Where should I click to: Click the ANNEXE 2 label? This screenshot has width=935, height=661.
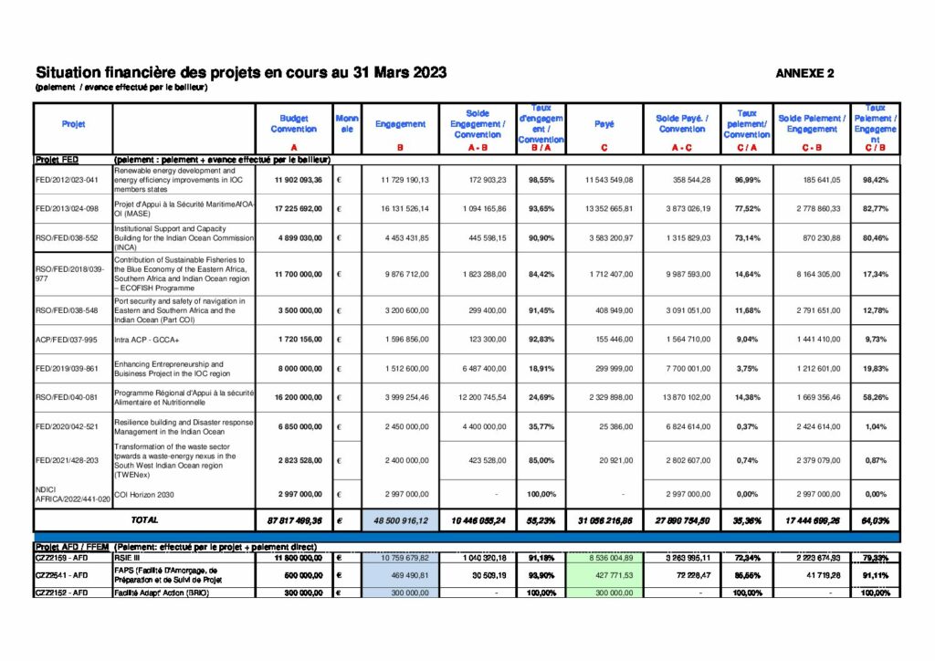click(x=804, y=73)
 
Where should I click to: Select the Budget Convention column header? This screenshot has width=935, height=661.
click(x=294, y=123)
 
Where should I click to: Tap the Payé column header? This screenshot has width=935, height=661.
click(x=604, y=123)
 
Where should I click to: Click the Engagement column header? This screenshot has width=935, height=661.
click(x=400, y=123)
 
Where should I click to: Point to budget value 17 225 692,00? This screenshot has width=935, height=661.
click(x=294, y=209)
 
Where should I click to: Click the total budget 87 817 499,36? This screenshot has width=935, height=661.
click(x=294, y=520)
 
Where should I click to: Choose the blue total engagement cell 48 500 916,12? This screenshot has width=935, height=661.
click(x=400, y=520)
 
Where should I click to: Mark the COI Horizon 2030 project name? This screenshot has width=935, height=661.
click(x=146, y=494)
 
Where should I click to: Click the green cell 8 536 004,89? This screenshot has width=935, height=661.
click(x=604, y=556)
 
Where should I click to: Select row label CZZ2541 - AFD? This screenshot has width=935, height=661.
click(x=62, y=575)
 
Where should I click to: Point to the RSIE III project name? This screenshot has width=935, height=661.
click(x=127, y=556)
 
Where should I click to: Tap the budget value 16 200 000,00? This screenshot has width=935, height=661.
click(x=294, y=397)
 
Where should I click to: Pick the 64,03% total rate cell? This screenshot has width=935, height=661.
click(x=875, y=520)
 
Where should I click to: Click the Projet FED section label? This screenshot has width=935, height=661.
click(x=58, y=159)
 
